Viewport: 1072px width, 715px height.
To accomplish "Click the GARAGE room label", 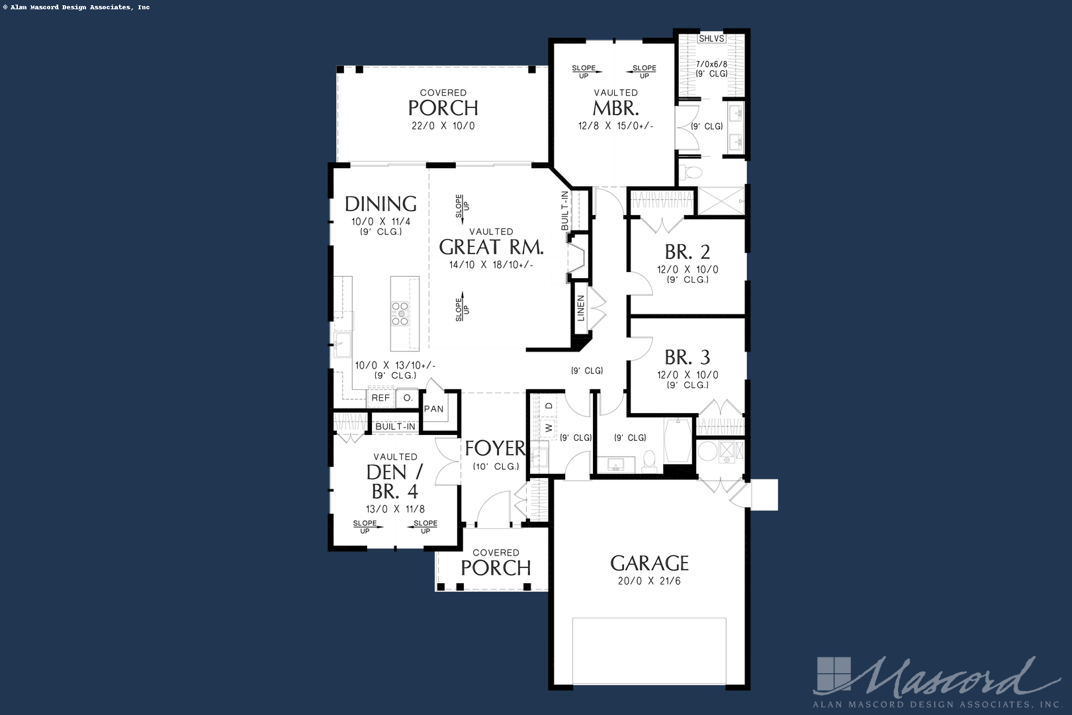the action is point(649,563).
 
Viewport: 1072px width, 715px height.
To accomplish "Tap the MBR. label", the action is point(616,109).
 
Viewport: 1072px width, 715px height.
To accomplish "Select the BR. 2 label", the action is point(688,252).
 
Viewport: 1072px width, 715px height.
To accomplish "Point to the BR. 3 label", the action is point(688,358).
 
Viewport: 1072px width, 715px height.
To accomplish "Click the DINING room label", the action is point(380,204).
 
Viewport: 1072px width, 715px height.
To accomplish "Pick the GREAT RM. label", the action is point(492,247).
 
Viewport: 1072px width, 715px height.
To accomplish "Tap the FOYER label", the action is point(495,448).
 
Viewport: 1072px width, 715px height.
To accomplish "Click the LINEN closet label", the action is point(581,308).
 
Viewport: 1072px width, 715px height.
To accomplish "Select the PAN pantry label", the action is point(433,409).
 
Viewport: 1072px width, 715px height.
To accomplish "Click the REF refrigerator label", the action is point(380,398).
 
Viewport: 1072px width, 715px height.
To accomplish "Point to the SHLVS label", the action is point(711,38).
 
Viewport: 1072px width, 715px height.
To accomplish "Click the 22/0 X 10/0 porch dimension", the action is point(443,126).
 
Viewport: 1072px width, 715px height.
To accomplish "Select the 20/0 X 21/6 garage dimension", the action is point(649,581).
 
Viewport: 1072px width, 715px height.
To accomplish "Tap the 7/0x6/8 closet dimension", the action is point(711,64).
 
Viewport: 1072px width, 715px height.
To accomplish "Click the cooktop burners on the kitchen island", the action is point(400,314).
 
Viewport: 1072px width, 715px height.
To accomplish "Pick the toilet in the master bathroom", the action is point(691,171).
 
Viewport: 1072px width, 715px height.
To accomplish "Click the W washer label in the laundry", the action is point(549,428).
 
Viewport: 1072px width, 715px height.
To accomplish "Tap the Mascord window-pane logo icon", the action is point(834,674).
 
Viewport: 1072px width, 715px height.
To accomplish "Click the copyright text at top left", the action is point(77,7).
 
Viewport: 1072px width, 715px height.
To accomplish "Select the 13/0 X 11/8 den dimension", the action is point(395,510).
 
